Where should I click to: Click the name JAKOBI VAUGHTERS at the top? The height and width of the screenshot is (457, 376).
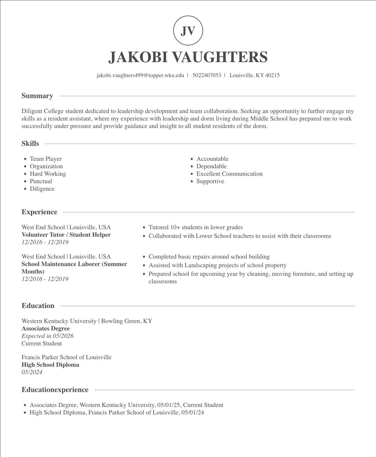point(188,57)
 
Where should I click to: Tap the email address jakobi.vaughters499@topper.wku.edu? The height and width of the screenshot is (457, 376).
point(140,75)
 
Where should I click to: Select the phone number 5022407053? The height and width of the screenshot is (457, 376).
point(207,75)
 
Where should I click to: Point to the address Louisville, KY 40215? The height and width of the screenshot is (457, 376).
point(254,75)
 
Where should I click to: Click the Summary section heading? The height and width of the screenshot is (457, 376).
point(37,96)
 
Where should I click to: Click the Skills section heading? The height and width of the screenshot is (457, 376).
point(30,144)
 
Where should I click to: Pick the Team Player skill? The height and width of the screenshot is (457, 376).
point(46,159)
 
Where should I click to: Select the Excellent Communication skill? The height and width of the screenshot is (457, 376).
point(229,174)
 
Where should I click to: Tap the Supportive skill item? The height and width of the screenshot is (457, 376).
point(210,181)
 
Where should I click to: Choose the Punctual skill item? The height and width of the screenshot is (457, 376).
point(41,181)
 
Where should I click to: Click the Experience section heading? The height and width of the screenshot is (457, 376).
point(39,212)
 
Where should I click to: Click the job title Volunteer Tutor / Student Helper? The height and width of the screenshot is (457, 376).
point(66,235)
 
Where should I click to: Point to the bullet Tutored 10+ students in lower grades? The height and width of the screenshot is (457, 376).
point(196,227)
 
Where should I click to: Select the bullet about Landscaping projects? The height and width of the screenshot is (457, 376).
point(217,265)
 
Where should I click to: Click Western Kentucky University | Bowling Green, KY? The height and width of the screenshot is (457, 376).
point(87,321)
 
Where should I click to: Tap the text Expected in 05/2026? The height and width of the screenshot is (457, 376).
point(47,336)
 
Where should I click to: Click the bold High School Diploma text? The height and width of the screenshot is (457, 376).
point(50,365)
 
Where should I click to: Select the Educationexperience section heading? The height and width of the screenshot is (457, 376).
point(55,390)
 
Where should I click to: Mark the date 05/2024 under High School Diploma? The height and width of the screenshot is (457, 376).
point(32,372)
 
